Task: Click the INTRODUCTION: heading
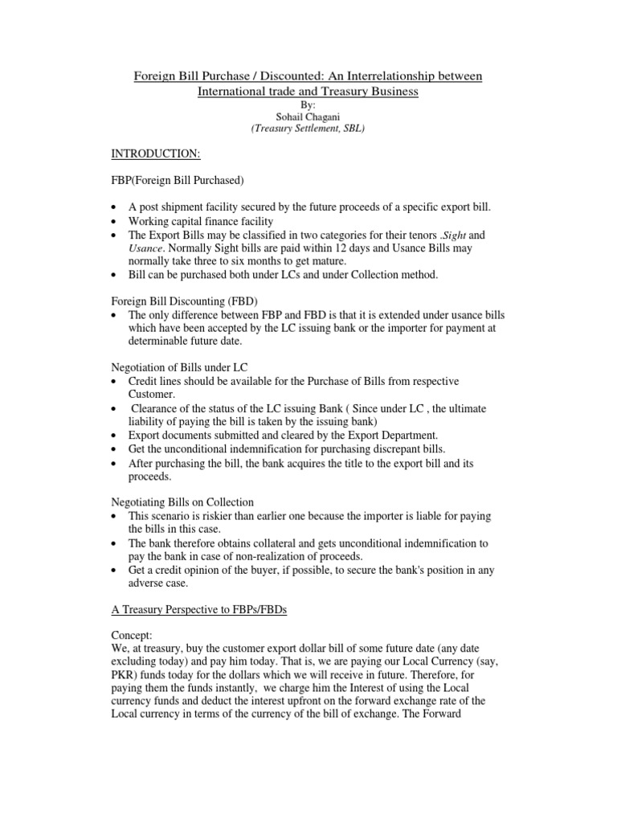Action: point(149,152)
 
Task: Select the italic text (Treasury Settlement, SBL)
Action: point(308,129)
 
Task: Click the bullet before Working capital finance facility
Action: point(116,222)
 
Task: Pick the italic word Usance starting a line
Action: point(146,249)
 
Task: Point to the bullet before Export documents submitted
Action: point(116,436)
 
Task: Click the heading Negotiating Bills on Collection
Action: point(182,502)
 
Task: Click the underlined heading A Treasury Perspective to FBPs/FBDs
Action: point(199,612)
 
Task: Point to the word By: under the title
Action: point(308,104)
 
